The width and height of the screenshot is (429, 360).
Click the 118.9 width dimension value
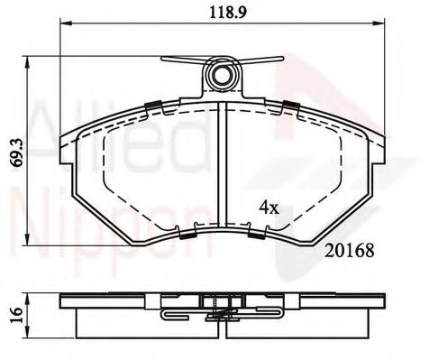point(228,13)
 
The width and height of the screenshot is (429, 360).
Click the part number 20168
point(350,251)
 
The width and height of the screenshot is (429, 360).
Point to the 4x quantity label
point(269,208)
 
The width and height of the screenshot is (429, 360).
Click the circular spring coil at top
point(223,75)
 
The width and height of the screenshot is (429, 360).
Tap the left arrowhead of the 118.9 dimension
point(67,23)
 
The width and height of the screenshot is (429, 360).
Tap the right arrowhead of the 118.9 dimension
point(379,23)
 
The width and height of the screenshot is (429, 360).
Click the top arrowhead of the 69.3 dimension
point(27,62)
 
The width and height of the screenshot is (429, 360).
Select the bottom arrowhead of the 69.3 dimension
point(27,239)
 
